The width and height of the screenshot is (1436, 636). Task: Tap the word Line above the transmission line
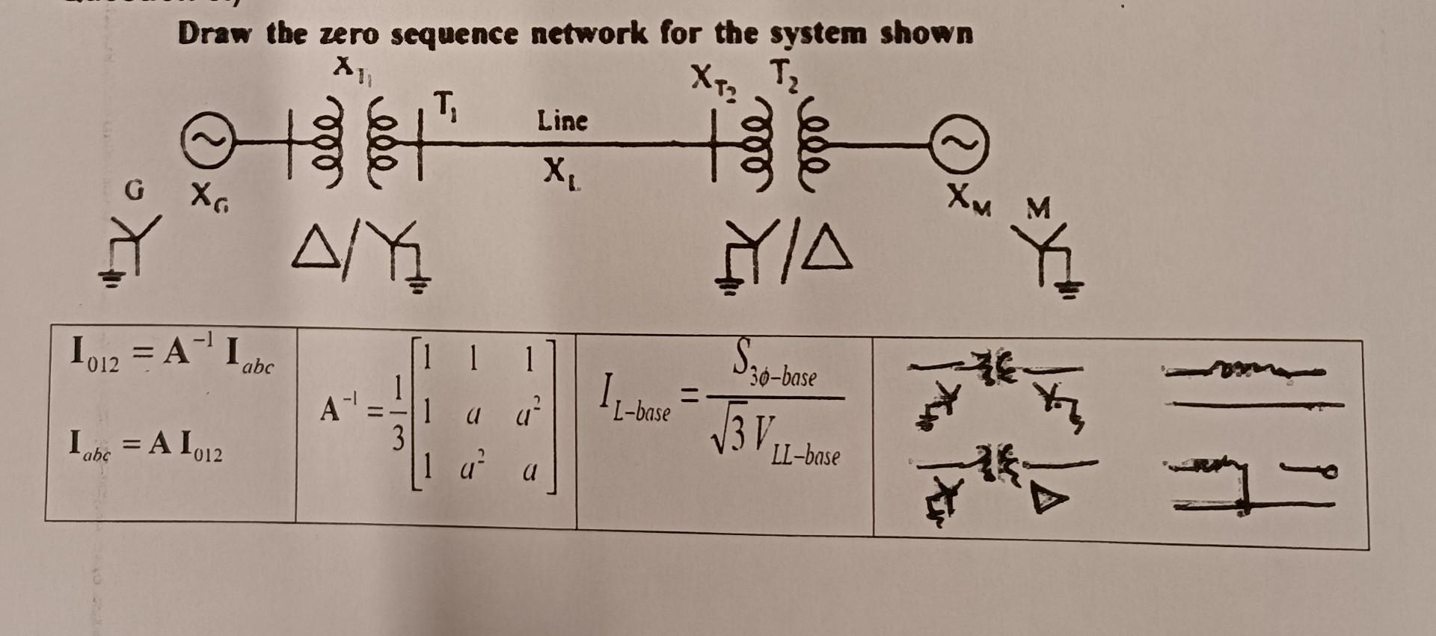point(562,120)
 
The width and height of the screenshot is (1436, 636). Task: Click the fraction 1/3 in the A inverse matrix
point(399,410)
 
